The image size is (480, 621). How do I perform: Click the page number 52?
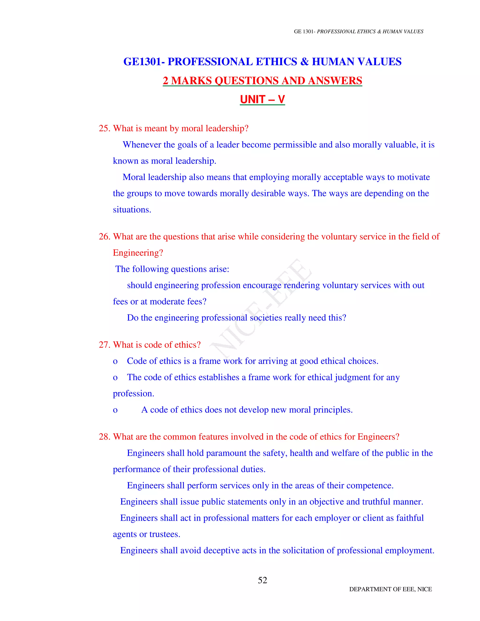point(262,580)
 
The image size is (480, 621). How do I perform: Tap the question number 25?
point(104,128)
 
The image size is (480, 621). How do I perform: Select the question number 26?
point(104,237)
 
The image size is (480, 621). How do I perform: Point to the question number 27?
point(104,345)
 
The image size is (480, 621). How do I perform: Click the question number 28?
point(104,437)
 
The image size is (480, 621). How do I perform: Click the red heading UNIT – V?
point(262,100)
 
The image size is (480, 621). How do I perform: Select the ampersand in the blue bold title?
point(304,62)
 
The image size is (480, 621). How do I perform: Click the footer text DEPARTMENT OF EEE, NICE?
point(390,589)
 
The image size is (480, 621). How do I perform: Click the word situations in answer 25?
point(132,210)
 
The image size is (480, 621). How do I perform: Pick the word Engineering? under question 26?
point(138,253)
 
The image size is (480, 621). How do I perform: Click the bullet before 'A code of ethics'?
point(115,410)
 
